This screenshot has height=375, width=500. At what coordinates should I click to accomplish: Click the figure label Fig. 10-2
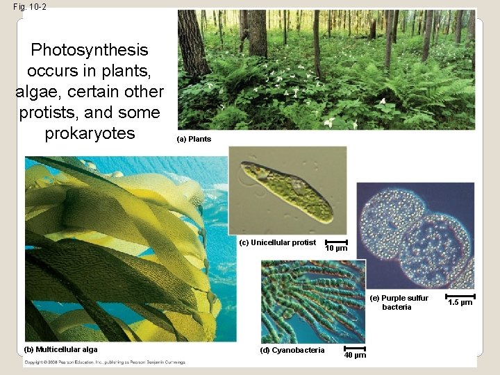pyautogui.click(x=30, y=6)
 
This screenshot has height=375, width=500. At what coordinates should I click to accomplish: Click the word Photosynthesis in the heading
pyautogui.click(x=90, y=50)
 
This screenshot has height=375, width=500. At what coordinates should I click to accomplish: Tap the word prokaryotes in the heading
pyautogui.click(x=90, y=133)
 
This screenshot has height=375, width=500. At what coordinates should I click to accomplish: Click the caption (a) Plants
pyautogui.click(x=194, y=139)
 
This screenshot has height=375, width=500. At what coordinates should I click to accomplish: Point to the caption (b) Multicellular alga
pyautogui.click(x=61, y=349)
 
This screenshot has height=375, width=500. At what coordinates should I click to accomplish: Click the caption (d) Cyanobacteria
pyautogui.click(x=292, y=350)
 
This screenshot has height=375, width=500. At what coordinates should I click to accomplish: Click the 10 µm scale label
pyautogui.click(x=336, y=249)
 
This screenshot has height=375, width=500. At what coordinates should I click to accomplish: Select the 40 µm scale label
pyautogui.click(x=355, y=356)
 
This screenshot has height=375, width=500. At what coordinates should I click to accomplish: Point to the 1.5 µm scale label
pyautogui.click(x=460, y=302)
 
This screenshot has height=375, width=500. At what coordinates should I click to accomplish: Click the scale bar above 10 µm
pyautogui.click(x=336, y=242)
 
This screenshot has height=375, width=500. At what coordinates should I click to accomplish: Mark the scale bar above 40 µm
pyautogui.click(x=355, y=348)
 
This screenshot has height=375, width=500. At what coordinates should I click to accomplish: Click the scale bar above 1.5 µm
pyautogui.click(x=460, y=295)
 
